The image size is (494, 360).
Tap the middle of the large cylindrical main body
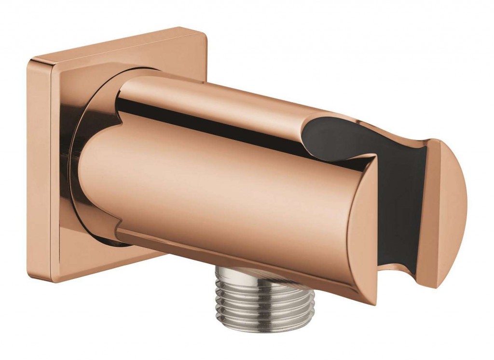point(217,193)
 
